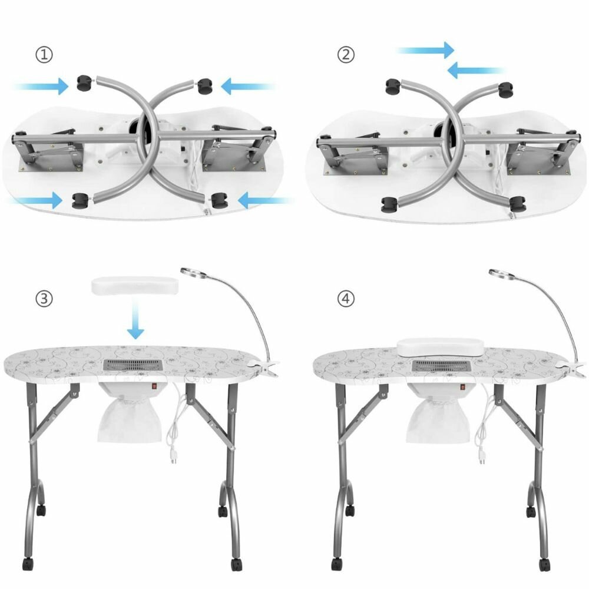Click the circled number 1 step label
pyautogui.click(x=44, y=55)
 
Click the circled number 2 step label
pyautogui.click(x=346, y=55)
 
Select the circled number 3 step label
pyautogui.click(x=44, y=299)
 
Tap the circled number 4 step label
pyautogui.click(x=346, y=299)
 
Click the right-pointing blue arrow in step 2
pyautogui.click(x=426, y=50)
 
